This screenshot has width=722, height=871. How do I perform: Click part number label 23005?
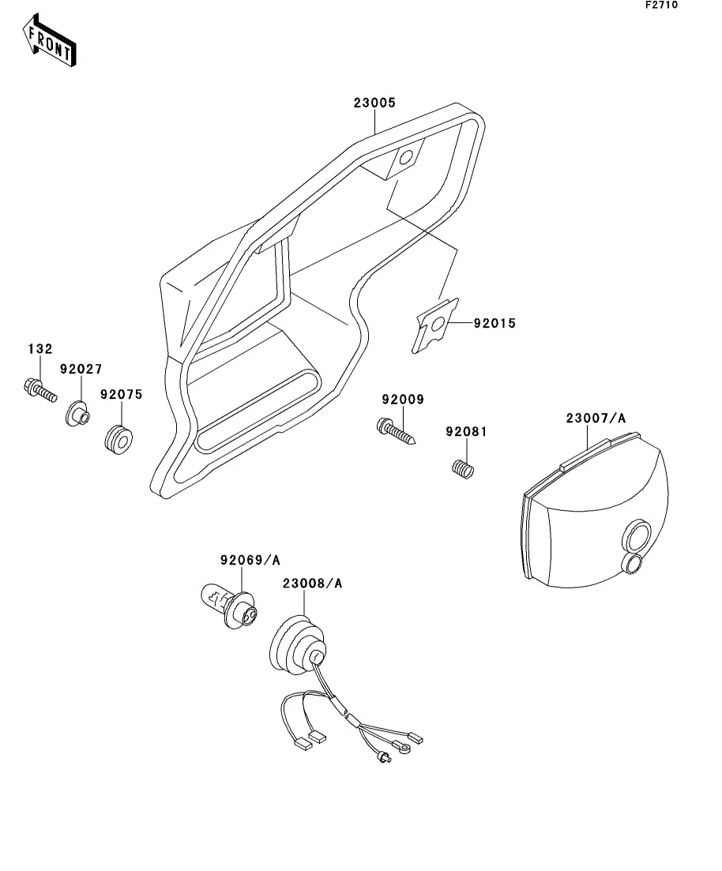tap(374, 103)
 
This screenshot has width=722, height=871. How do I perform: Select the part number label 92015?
tap(494, 323)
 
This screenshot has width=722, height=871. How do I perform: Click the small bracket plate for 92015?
tap(437, 324)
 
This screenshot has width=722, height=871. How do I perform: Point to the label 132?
tap(40, 348)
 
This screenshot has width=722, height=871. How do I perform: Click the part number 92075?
tap(121, 395)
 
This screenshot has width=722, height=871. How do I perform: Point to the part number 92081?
tap(466, 432)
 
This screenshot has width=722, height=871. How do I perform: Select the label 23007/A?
tap(596, 418)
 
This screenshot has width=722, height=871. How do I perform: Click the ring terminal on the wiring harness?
tap(408, 741)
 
